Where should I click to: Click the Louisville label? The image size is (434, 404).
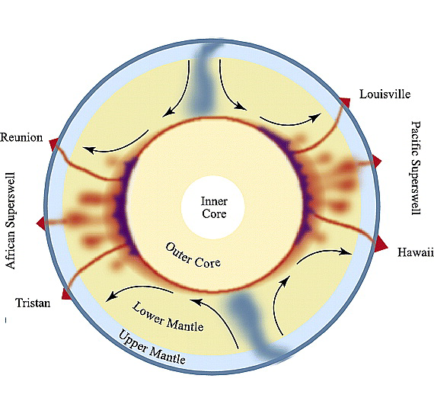coord(385,95)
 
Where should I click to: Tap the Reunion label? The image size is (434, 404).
coord(21,137)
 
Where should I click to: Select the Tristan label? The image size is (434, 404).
coord(33,303)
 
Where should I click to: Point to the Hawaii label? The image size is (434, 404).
coord(416,252)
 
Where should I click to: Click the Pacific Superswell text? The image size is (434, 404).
coord(416,168)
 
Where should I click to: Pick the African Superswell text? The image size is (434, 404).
coord(11,221)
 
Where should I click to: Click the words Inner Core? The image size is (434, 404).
coord(214,207)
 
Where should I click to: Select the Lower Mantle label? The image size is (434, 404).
coord(168,318)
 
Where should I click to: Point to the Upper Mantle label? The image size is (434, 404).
coord(152,348)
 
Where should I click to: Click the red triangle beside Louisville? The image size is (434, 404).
coord(345,103)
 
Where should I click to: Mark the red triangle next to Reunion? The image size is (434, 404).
coord(54,144)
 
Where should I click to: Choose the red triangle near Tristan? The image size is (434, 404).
coord(66,294)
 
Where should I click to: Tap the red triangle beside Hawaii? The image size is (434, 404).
coord(381,244)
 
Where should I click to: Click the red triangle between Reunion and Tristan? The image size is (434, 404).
coord(41,223)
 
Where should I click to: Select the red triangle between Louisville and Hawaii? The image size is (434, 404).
coord(377,162)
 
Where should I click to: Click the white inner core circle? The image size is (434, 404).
coord(213,207)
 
